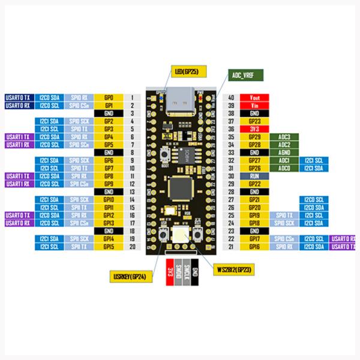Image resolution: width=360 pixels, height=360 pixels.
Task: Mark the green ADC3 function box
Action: (284, 137)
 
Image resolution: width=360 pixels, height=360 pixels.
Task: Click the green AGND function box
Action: (284, 152)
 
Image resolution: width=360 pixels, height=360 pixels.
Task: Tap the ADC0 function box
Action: (284, 169)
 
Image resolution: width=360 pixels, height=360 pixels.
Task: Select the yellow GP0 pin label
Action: (109, 97)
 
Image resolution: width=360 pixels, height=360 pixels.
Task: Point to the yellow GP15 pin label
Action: (109, 247)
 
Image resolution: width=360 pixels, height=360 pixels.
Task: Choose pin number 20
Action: (131, 247)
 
